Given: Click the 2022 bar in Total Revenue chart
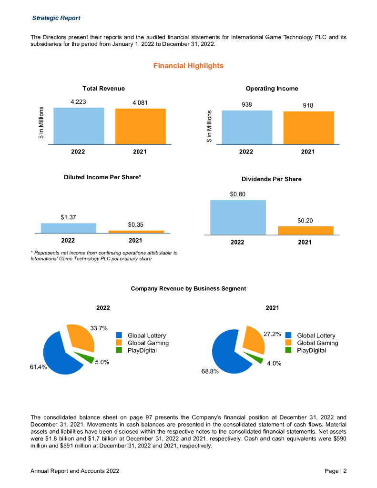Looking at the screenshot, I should point(79,126).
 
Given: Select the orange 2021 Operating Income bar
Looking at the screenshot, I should point(308,128).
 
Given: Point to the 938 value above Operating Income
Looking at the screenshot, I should point(246,105).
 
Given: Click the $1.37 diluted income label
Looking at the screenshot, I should point(68,217).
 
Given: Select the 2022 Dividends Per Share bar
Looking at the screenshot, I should point(238,217).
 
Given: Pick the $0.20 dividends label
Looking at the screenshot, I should point(305,221).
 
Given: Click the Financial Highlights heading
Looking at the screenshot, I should point(188,66).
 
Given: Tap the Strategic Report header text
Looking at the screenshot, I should point(56,18).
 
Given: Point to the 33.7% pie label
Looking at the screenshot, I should point(99,328).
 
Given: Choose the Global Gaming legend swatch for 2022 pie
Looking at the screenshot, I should point(119,343).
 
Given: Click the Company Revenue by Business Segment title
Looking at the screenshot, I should point(188,288).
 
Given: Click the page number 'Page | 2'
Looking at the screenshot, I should point(336,471).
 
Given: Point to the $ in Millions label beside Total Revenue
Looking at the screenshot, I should point(41,123).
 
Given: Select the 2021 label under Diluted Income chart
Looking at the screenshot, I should point(135,240).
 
